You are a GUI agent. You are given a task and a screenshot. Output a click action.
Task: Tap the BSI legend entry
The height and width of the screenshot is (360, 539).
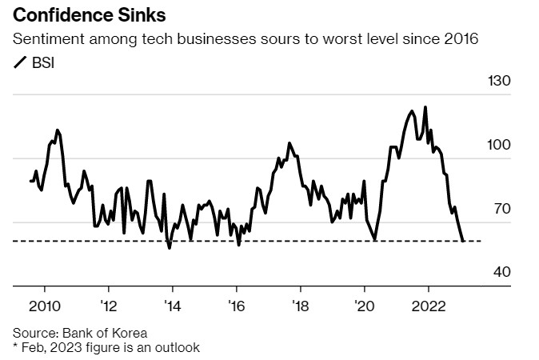[x=35, y=62]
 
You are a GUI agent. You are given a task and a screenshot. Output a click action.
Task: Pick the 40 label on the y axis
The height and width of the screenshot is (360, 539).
[x=501, y=273]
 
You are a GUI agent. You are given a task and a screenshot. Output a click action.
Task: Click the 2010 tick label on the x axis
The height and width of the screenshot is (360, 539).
[x=44, y=306]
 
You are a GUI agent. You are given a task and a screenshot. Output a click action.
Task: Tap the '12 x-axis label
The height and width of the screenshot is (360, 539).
[x=108, y=306]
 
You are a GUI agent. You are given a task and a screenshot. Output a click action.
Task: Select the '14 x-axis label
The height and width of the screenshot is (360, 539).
[x=172, y=306]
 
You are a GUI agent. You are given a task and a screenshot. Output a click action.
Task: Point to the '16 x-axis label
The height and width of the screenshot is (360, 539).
[x=236, y=306]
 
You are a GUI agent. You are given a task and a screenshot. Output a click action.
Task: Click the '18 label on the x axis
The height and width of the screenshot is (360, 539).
[x=300, y=306]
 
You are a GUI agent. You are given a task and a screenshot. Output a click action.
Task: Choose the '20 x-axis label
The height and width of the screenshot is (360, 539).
[x=364, y=306]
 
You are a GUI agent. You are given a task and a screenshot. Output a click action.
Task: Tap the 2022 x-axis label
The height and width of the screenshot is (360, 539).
[x=428, y=306]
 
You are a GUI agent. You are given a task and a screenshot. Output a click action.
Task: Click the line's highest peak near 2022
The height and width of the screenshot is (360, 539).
[x=425, y=106]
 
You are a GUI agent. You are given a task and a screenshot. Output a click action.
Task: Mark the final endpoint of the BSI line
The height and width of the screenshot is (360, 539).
[x=464, y=240]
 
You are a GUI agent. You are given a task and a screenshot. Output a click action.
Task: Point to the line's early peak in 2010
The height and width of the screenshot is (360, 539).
[x=57, y=130]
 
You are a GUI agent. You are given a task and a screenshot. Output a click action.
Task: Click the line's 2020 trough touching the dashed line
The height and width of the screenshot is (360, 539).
[x=375, y=239]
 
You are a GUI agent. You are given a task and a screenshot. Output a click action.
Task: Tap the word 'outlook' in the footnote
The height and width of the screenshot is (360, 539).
[x=176, y=347]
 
